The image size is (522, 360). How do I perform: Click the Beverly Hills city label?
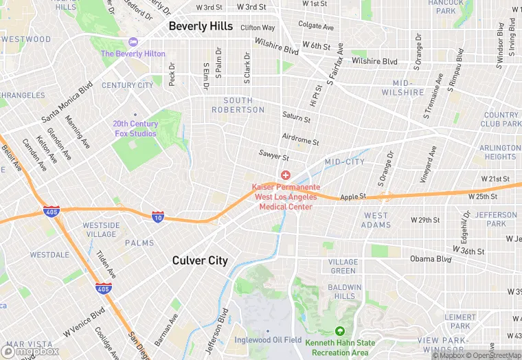click(201, 26)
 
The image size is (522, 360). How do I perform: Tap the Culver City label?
click(199, 260)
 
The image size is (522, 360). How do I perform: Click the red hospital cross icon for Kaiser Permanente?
click(285, 176)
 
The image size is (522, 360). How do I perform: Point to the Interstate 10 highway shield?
click(158, 216)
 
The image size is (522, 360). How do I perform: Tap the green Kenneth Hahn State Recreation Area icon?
click(340, 331)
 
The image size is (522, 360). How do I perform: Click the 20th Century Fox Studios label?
click(135, 128)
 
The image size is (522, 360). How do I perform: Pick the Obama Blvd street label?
click(431, 259)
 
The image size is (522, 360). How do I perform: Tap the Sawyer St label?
click(274, 156)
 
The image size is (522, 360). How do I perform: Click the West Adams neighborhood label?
click(376, 220)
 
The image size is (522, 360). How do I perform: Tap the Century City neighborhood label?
click(128, 85)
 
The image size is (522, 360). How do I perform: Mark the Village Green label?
click(343, 267)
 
